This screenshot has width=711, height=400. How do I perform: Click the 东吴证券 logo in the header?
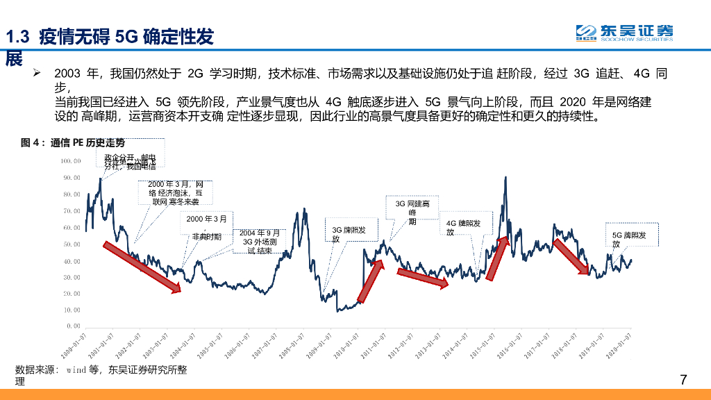point(624,33)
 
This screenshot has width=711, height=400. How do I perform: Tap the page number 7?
point(683,379)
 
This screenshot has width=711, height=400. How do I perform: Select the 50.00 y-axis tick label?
point(72,244)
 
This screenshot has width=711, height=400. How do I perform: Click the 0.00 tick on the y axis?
point(74,326)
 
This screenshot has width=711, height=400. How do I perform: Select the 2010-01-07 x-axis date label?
point(345,345)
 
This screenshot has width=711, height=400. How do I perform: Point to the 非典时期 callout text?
point(207,236)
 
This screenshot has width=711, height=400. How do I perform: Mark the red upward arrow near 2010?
point(370,283)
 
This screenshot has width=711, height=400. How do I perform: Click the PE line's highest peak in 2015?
point(505,177)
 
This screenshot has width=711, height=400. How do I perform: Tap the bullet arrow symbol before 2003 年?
point(38,73)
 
